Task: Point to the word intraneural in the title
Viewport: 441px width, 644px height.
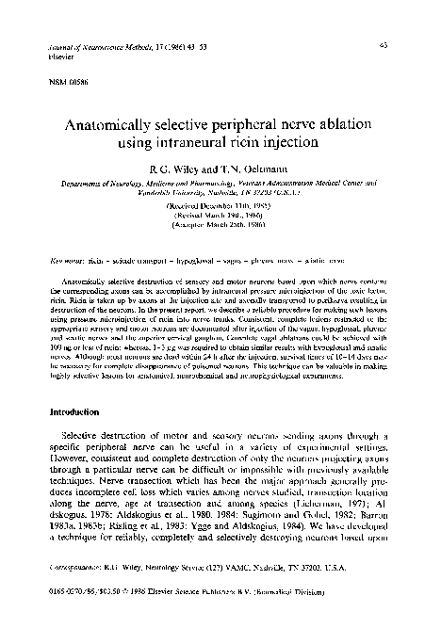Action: (207, 143)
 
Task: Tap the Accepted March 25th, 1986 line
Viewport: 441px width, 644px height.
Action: (220, 227)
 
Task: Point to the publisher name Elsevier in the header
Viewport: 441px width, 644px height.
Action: (42, 55)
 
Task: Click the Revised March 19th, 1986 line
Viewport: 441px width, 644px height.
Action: (220, 215)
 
